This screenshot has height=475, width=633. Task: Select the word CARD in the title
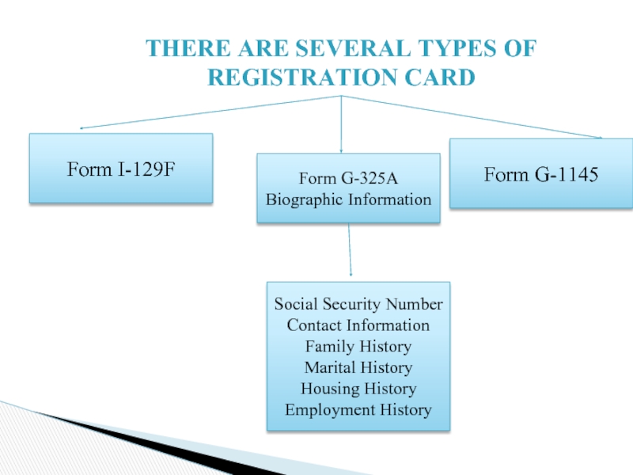438,78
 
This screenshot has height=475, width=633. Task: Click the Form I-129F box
121,168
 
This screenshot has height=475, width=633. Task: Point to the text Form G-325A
348,178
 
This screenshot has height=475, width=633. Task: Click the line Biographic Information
348,199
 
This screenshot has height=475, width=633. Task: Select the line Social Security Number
358,305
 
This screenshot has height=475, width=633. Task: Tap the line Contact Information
358,325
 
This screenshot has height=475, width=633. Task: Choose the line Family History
358,347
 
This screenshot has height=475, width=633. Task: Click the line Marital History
358,368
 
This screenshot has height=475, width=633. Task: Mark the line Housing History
358,389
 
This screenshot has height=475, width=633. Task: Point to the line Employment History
358,410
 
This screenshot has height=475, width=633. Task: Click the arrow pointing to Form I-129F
206,112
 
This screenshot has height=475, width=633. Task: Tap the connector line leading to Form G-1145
475,117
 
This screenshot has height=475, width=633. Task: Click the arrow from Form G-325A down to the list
350,252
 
